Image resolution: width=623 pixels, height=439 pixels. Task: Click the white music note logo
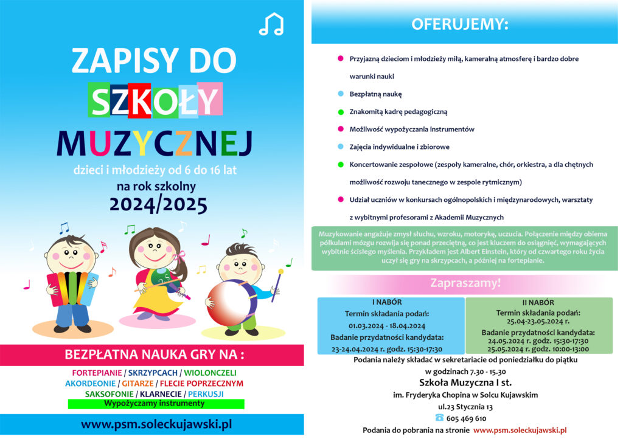271,24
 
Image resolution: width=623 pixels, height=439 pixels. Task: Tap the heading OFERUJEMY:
460,24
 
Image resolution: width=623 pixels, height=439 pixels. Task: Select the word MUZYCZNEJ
154,143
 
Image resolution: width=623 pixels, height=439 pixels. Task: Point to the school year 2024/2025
158,204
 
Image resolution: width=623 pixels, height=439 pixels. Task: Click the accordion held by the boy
72,289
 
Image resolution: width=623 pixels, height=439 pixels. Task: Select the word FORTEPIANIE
96,372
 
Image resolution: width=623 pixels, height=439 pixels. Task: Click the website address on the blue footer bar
156,424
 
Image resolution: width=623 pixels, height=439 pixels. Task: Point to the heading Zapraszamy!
465,283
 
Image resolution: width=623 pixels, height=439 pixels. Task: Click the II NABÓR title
538,302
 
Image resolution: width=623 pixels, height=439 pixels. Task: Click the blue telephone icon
439,418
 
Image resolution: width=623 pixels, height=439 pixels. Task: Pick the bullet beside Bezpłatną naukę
340,94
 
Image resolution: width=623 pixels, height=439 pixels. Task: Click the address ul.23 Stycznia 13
465,406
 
